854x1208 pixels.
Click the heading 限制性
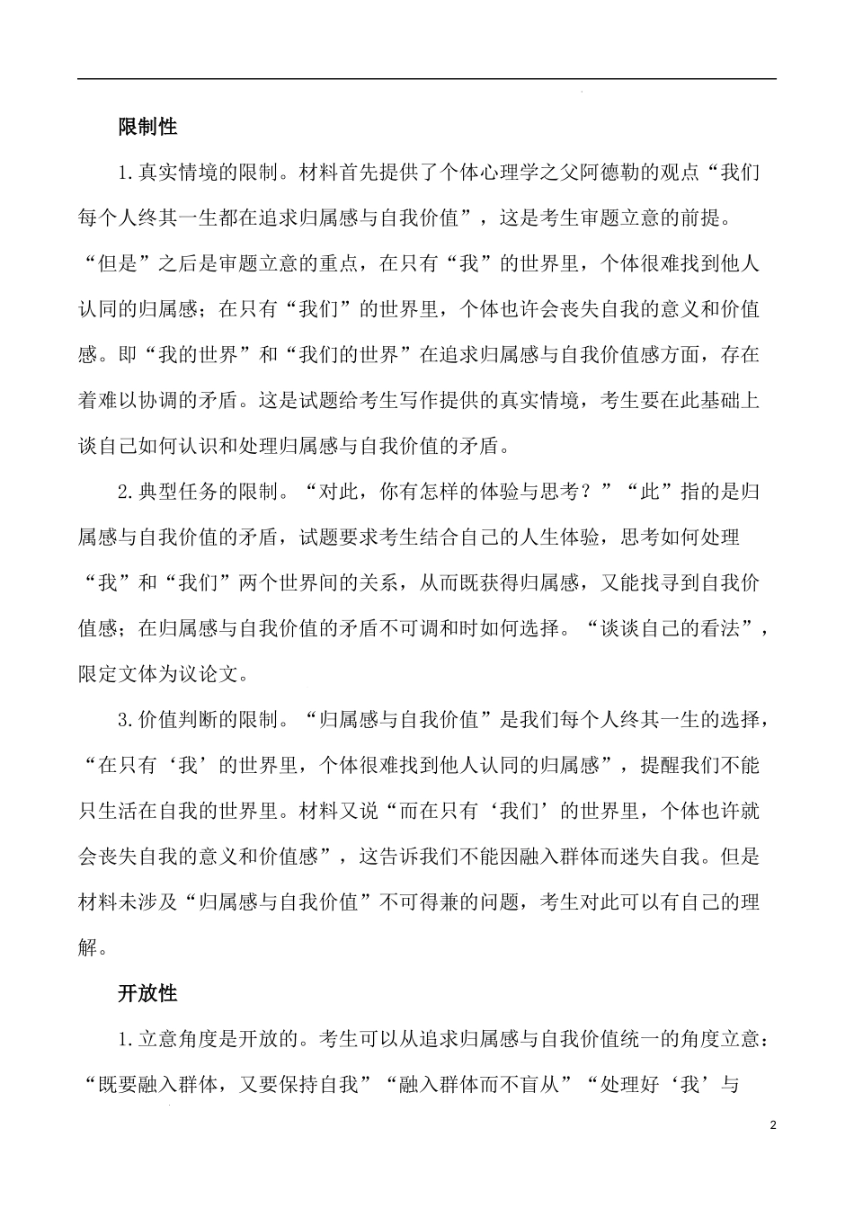(148, 127)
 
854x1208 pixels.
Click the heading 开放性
(148, 993)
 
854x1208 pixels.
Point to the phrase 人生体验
(571, 537)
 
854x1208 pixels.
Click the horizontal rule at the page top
(427, 79)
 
